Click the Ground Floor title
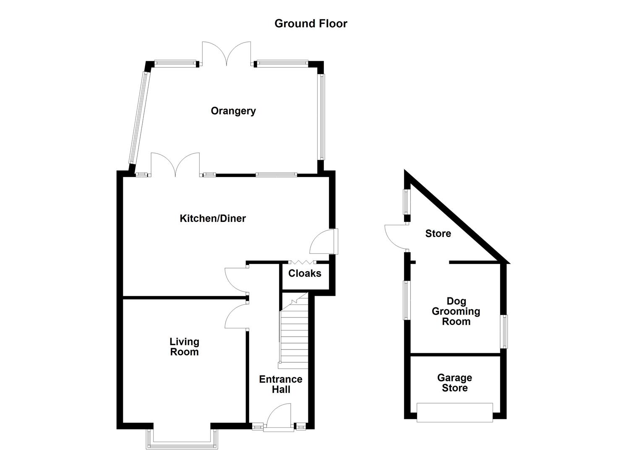311,23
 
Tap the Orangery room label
233,111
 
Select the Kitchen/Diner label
213,219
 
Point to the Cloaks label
305,273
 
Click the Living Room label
184,347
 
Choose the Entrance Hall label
281,384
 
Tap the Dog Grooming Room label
456,311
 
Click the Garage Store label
455,383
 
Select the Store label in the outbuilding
438,234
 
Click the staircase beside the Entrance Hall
294,331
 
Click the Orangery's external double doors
227,54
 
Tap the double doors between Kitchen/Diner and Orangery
175,164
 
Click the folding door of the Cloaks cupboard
302,263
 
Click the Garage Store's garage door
455,412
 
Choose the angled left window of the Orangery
139,117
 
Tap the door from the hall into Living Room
237,317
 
